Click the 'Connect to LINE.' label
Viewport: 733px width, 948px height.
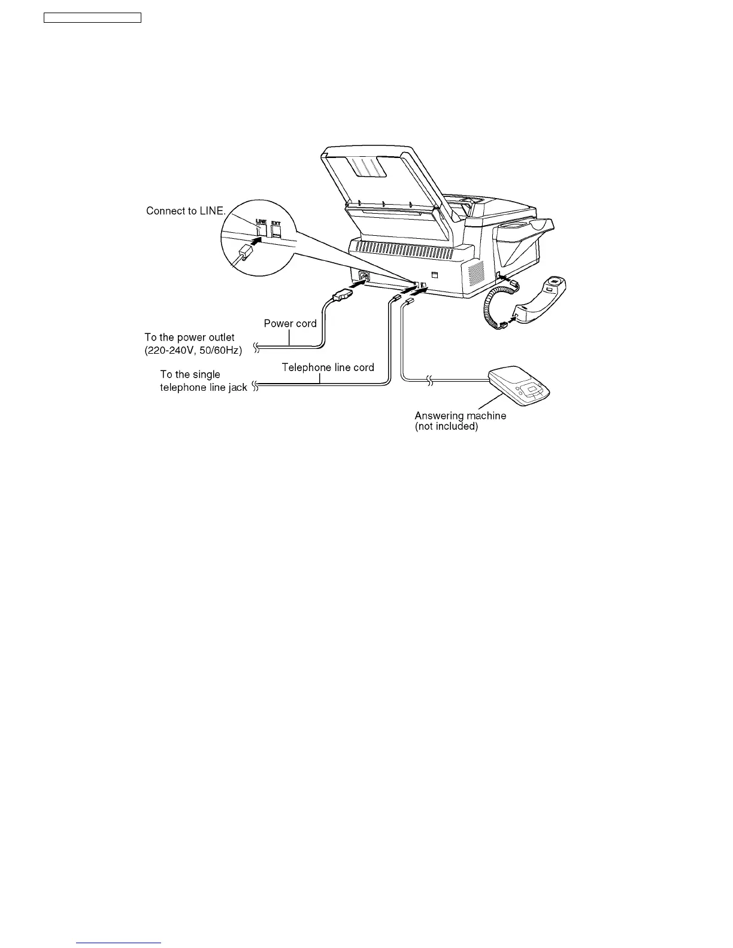pyautogui.click(x=186, y=211)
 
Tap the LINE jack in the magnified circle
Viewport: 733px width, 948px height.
pyautogui.click(x=262, y=229)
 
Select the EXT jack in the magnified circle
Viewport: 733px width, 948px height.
pyautogui.click(x=276, y=230)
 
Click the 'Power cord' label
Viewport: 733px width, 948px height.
pyautogui.click(x=290, y=324)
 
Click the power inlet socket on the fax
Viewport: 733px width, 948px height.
pyautogui.click(x=364, y=276)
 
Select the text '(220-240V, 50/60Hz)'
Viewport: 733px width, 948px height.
pyautogui.click(x=193, y=351)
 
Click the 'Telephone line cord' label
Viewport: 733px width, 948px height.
pyautogui.click(x=328, y=367)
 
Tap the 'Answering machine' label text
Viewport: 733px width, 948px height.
pyautogui.click(x=460, y=415)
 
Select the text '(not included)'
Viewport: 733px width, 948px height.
pyautogui.click(x=446, y=427)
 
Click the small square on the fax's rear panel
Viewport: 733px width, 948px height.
pyautogui.click(x=435, y=275)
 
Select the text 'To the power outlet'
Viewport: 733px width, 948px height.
pyautogui.click(x=189, y=338)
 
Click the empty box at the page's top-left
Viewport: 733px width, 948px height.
pyautogui.click(x=93, y=18)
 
